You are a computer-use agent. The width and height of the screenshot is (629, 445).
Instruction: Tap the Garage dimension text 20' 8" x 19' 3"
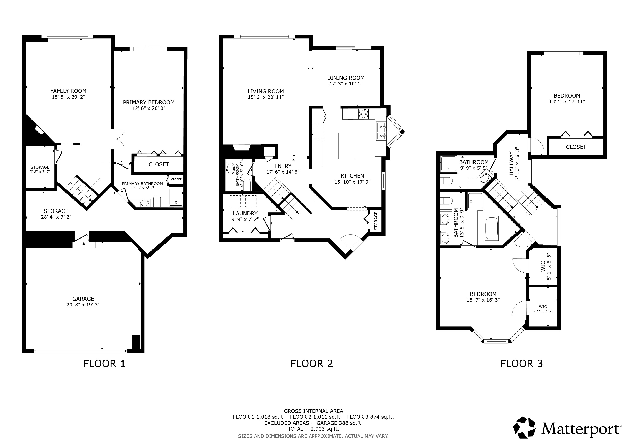pyautogui.click(x=83, y=305)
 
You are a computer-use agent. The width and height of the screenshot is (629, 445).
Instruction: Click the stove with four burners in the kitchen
pyautogui.click(x=364, y=114)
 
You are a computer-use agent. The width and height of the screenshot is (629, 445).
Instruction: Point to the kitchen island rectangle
pyautogui.click(x=347, y=146)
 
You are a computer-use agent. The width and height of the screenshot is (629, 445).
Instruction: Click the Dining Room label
pyautogui.click(x=346, y=78)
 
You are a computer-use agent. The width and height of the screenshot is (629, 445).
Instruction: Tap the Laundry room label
pyautogui.click(x=245, y=213)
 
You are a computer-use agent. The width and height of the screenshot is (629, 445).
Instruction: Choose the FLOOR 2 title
pyautogui.click(x=311, y=364)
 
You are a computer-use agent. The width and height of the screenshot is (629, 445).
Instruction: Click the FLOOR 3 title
pyautogui.click(x=522, y=364)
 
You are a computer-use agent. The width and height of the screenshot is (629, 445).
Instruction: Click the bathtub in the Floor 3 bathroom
pyautogui.click(x=492, y=228)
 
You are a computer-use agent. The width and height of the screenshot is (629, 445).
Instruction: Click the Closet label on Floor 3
pyautogui.click(x=576, y=147)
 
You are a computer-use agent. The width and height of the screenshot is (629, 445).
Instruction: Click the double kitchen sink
pyautogui.click(x=381, y=131)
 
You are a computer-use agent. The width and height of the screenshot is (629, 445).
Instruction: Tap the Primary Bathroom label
pyautogui.click(x=142, y=184)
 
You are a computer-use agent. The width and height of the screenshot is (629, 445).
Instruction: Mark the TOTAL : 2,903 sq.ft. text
pyautogui.click(x=313, y=429)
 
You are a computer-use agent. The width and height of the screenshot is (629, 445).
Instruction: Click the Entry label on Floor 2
pyautogui.click(x=283, y=166)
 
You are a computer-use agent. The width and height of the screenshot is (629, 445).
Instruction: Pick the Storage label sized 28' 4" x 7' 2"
pyautogui.click(x=56, y=211)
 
